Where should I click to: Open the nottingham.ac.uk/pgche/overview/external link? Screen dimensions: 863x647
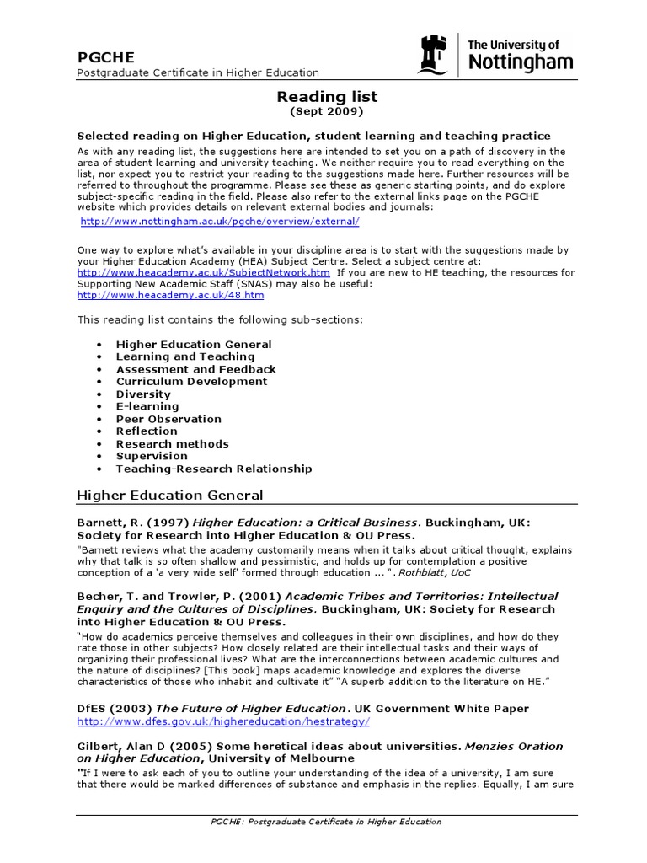click(x=220, y=222)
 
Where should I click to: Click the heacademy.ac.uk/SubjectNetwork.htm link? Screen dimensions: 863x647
click(x=203, y=273)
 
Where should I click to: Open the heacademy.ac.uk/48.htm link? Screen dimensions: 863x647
click(x=170, y=296)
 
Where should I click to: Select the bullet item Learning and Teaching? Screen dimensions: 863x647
click(x=184, y=356)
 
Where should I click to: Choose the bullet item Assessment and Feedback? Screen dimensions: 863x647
click(x=195, y=369)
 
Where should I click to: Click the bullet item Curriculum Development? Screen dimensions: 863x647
click(x=191, y=382)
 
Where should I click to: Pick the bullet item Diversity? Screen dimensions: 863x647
click(x=143, y=394)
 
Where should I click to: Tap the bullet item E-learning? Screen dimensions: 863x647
click(x=147, y=406)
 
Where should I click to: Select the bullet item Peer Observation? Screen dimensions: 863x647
click(x=168, y=419)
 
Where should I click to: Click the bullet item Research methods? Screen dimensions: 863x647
click(x=172, y=444)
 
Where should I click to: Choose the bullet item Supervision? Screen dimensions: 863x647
click(x=152, y=456)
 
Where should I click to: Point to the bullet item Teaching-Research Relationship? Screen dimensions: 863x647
click(x=214, y=469)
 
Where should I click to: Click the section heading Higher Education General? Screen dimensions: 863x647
click(x=170, y=496)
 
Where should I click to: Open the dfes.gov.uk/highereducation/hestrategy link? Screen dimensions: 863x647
click(x=223, y=722)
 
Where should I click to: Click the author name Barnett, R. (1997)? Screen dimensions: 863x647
click(x=133, y=523)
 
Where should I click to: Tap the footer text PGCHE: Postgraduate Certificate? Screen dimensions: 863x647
click(x=324, y=822)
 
